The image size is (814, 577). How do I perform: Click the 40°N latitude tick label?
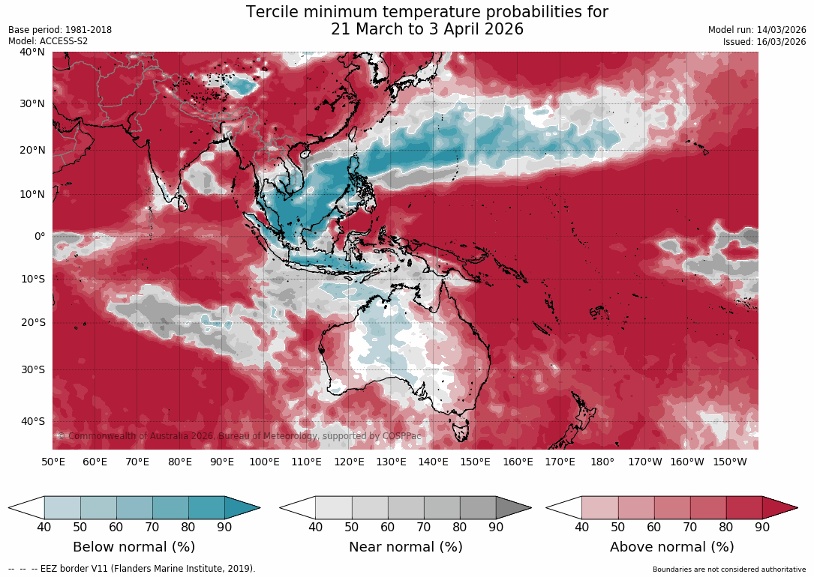click(x=33, y=52)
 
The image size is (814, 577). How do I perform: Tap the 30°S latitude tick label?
click(x=33, y=369)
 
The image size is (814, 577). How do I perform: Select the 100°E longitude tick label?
click(x=264, y=462)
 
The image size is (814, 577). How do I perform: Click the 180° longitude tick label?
click(x=602, y=462)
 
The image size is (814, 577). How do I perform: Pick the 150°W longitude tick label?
click(x=729, y=462)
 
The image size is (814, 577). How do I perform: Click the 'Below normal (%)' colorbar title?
click(x=134, y=547)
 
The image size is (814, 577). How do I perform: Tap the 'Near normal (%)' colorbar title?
click(x=405, y=547)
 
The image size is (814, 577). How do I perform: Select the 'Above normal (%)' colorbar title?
click(x=671, y=547)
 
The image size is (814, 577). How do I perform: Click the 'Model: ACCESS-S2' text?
click(x=48, y=41)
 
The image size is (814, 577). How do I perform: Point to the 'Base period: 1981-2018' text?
click(x=60, y=30)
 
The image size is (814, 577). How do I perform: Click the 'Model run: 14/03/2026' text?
click(x=757, y=30)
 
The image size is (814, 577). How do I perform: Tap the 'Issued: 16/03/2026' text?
click(x=764, y=42)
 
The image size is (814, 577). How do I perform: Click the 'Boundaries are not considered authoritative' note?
click(x=729, y=570)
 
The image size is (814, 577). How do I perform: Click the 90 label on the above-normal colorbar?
click(x=762, y=527)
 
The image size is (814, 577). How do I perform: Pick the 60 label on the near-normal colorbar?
click(x=387, y=527)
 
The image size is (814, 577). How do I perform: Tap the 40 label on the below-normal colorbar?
click(x=44, y=527)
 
